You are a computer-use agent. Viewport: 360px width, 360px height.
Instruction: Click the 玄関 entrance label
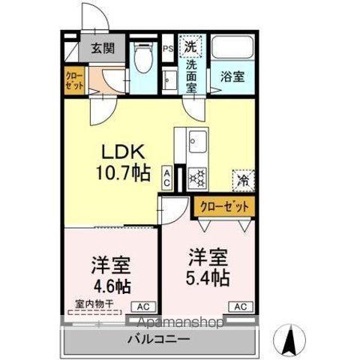coord(102,49)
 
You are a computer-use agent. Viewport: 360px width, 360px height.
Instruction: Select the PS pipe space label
coord(169,49)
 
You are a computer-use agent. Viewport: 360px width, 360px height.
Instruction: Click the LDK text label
coord(121,151)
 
